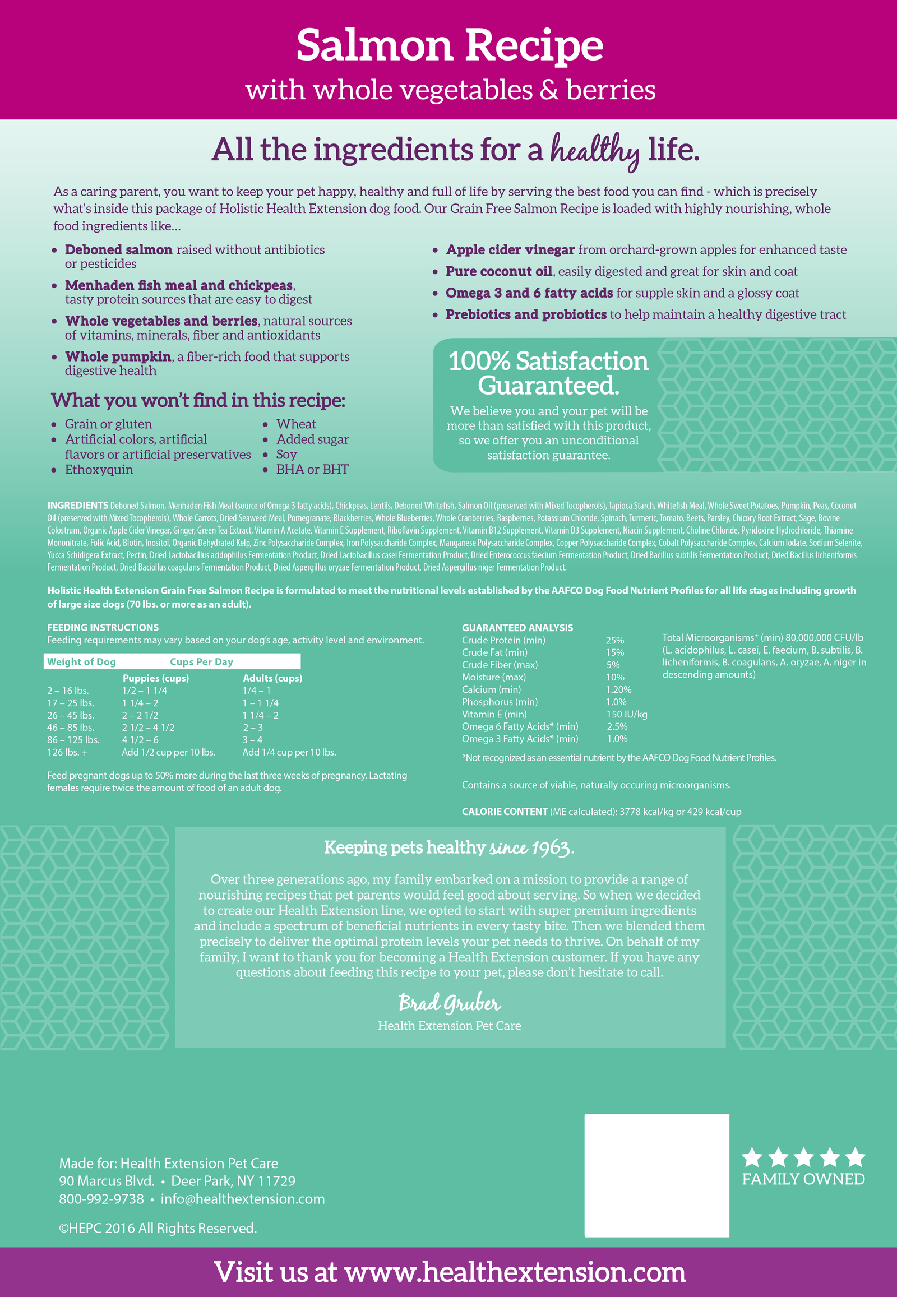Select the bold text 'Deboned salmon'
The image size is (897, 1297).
[x=119, y=249]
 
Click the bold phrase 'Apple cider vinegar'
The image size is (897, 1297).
[x=510, y=249]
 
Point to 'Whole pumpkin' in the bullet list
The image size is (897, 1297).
[x=118, y=356]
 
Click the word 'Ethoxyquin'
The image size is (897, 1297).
[x=99, y=470]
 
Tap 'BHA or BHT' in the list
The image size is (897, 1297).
[x=312, y=469]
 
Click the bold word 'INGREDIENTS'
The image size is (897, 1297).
[x=77, y=505]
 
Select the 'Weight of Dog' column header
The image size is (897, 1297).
[x=81, y=661]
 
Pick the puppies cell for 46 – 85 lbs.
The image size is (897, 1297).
[x=149, y=727]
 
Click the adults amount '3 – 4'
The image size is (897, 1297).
[x=252, y=739]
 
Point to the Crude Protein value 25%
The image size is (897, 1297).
[x=615, y=640]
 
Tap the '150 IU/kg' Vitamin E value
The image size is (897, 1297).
[x=627, y=714]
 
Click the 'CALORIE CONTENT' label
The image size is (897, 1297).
[x=504, y=812]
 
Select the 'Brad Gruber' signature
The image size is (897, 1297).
[x=449, y=1003]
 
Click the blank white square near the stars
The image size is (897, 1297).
[x=656, y=1175]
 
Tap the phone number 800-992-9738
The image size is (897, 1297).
[x=101, y=1199]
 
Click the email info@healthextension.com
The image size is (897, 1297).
[x=243, y=1199]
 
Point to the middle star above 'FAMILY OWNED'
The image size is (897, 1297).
[x=803, y=1157]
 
